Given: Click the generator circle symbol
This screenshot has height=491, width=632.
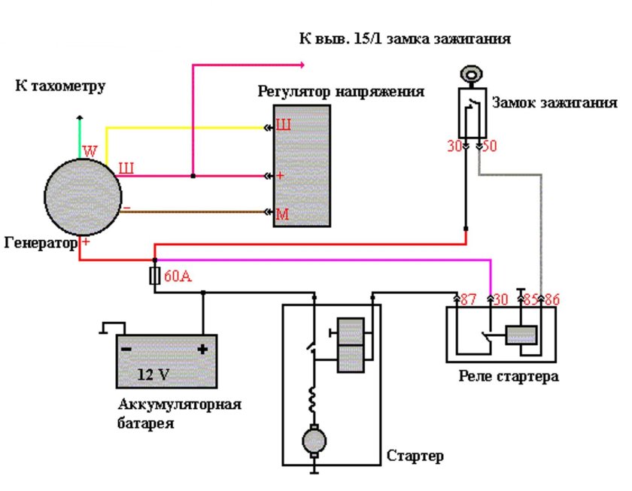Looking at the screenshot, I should click(x=81, y=195).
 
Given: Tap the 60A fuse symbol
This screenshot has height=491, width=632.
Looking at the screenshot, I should click(x=155, y=276).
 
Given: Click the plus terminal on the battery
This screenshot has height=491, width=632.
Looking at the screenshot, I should click(x=202, y=350).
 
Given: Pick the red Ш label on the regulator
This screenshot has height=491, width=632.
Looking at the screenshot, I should click(x=283, y=126).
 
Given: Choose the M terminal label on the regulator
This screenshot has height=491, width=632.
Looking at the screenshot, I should click(x=282, y=215).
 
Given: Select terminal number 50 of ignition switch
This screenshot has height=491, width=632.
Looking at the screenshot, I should click(x=489, y=147).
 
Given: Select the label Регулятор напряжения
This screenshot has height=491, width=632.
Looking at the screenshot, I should click(x=340, y=92).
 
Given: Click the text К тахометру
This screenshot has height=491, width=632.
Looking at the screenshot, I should click(x=60, y=86).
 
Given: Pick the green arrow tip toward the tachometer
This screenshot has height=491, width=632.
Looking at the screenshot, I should click(x=79, y=118).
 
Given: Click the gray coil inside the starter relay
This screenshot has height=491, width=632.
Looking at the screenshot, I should click(x=521, y=335).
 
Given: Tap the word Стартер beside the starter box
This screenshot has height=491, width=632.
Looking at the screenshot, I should click(x=415, y=456).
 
